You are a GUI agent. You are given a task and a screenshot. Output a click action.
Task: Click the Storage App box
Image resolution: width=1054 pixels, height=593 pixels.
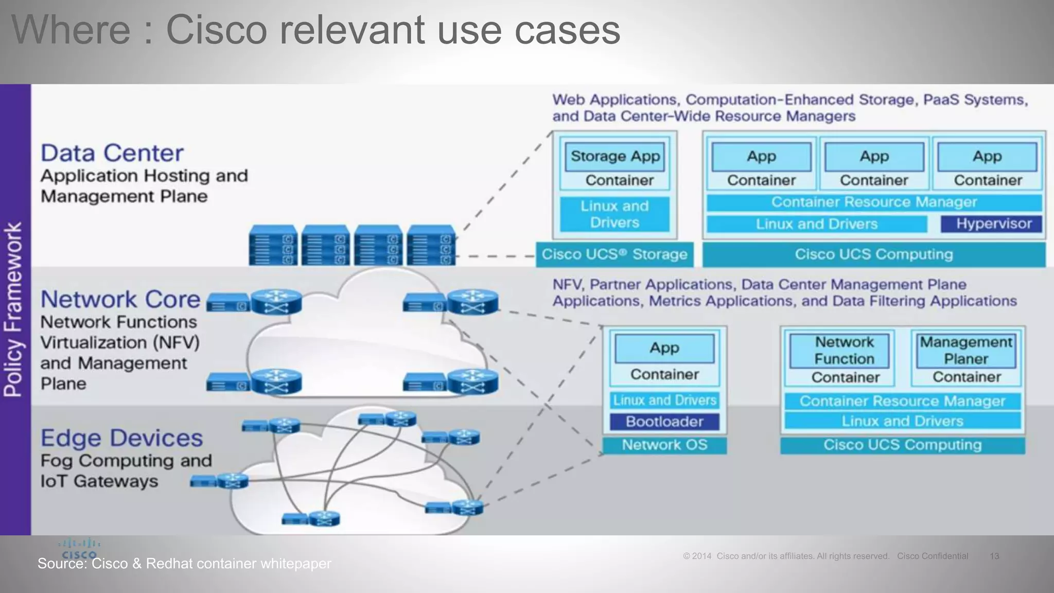[x=614, y=156]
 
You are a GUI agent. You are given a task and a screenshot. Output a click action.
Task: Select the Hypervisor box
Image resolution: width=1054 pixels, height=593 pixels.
[x=991, y=224]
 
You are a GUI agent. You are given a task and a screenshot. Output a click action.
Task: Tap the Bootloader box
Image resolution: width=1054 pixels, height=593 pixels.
[x=664, y=422]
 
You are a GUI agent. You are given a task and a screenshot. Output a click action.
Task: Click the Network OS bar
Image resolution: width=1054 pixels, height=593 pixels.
[x=664, y=445]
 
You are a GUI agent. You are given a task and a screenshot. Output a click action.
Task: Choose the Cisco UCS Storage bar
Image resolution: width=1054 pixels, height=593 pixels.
[x=614, y=255]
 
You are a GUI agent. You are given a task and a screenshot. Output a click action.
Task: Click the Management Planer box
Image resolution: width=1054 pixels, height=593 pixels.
[x=965, y=351]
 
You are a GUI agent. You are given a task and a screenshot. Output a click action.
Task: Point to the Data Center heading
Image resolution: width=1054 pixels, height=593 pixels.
[x=112, y=153]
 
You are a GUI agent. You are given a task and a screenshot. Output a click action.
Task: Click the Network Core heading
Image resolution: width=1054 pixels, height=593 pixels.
[x=120, y=300]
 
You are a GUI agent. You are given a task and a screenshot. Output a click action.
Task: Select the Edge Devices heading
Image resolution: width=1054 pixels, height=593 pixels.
[x=121, y=439]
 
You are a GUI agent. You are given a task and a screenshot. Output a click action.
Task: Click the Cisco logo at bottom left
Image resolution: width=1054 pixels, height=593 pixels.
[x=79, y=548]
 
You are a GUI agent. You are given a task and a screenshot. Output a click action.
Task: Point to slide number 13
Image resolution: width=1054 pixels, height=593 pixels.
[x=994, y=556]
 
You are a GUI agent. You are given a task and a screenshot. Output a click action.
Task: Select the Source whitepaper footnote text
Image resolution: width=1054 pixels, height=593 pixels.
[x=184, y=564]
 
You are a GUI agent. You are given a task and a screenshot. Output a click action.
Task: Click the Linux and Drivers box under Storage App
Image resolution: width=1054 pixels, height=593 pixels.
[x=614, y=215]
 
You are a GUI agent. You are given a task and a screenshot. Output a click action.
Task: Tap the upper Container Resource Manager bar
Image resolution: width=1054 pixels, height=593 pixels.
[x=873, y=202]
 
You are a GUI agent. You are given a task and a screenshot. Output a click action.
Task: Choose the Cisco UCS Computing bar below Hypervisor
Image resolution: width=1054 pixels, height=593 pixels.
[x=873, y=255]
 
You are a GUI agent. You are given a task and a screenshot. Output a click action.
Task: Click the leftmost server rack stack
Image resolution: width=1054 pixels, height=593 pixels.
[x=273, y=246]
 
